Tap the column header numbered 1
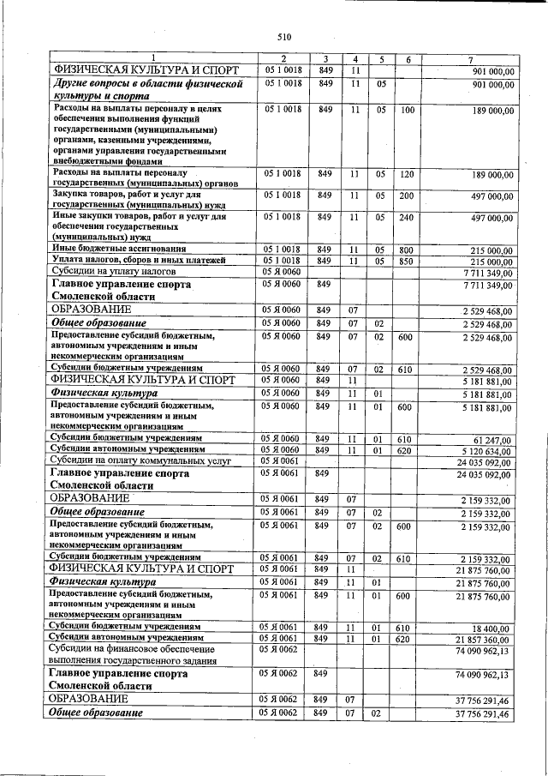(x=154, y=58)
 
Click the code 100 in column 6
(x=408, y=111)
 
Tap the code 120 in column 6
(x=408, y=174)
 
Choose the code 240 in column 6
(x=408, y=218)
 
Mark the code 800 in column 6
(x=408, y=250)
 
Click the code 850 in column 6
(x=408, y=261)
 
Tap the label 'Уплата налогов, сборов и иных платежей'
(x=138, y=260)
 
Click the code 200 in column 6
(x=408, y=196)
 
